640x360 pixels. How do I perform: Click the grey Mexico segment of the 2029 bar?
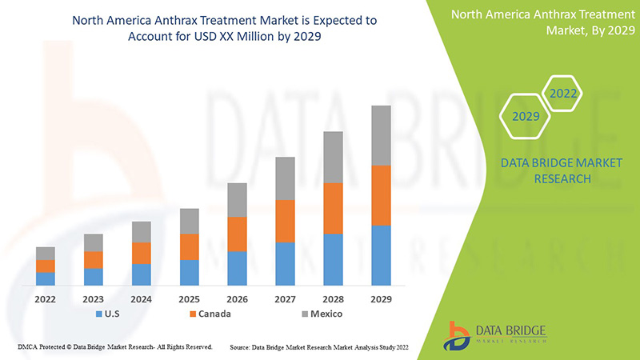381,135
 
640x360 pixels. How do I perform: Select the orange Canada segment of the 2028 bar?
333,208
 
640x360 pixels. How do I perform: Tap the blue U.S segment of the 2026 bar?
237,268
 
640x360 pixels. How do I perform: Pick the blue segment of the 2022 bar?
46,278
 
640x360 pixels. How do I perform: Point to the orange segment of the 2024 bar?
141,253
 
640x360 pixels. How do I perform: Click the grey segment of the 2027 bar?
285,178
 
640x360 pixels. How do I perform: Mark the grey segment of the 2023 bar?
94,242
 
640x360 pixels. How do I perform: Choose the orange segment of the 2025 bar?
189,246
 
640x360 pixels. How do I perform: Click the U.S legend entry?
109,314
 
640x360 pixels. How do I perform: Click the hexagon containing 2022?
562,94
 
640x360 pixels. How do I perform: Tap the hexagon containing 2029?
526,116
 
